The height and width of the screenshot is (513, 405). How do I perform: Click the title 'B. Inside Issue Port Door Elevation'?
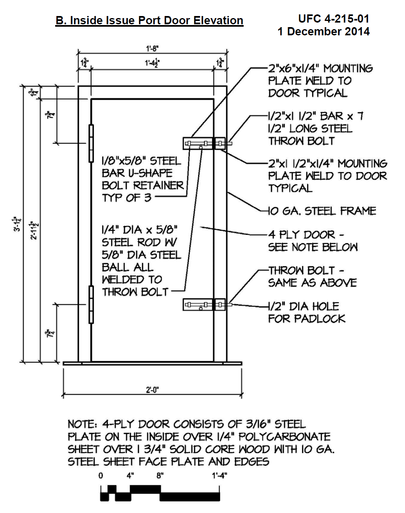[149, 21]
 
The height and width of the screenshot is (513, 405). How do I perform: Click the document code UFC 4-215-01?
[333, 18]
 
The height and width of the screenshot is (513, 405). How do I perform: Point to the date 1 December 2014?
[324, 32]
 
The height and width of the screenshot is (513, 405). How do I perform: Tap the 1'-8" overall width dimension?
[152, 48]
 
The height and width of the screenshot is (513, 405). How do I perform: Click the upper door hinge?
[91, 143]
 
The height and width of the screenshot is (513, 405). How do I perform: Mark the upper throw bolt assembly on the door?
[204, 143]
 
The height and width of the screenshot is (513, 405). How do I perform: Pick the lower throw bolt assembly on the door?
[204, 304]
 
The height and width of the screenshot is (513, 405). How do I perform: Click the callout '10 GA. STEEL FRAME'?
[322, 211]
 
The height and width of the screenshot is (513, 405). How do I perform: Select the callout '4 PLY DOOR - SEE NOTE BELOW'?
[313, 241]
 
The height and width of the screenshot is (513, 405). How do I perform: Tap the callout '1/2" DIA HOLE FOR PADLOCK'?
[307, 312]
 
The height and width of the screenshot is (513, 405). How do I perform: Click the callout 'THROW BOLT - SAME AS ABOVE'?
[312, 276]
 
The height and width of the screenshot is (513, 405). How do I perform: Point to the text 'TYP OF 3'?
[127, 198]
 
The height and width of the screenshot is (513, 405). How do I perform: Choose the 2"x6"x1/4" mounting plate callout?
[320, 81]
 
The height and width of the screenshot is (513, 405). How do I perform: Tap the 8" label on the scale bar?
[160, 476]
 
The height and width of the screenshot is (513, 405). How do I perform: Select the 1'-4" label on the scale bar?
[219, 476]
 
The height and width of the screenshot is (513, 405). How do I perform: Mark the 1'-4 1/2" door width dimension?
[152, 63]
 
